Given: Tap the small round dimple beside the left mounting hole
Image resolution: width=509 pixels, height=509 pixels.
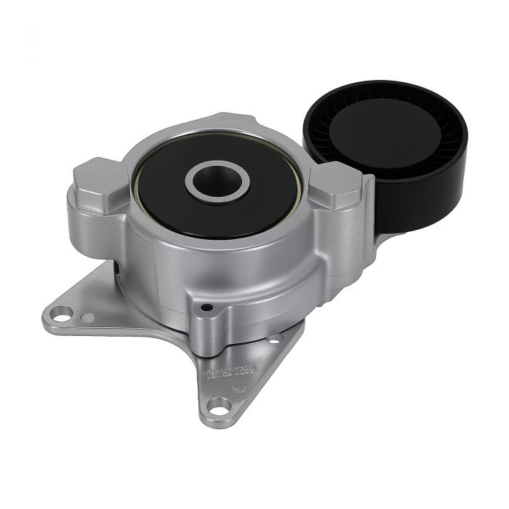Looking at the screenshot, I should coord(87,317).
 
